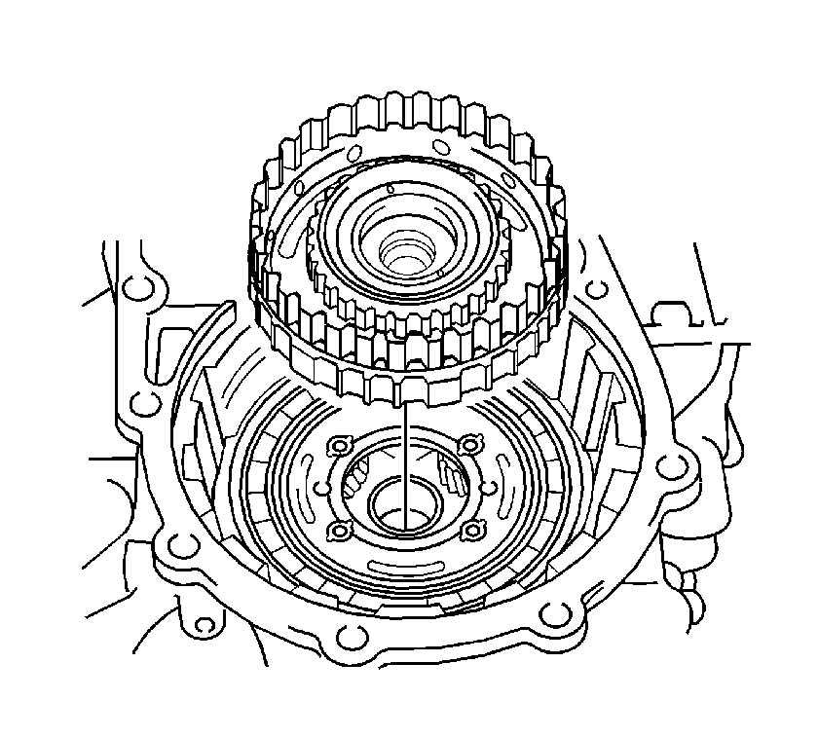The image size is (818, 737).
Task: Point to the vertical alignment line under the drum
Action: click(401, 458)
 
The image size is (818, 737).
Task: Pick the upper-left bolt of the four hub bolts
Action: click(338, 447)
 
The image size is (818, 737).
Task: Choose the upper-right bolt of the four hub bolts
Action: click(471, 444)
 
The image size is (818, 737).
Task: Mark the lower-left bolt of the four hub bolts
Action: click(341, 531)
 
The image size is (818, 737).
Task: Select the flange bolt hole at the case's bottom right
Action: click(555, 612)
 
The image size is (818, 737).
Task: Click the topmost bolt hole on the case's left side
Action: click(138, 286)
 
